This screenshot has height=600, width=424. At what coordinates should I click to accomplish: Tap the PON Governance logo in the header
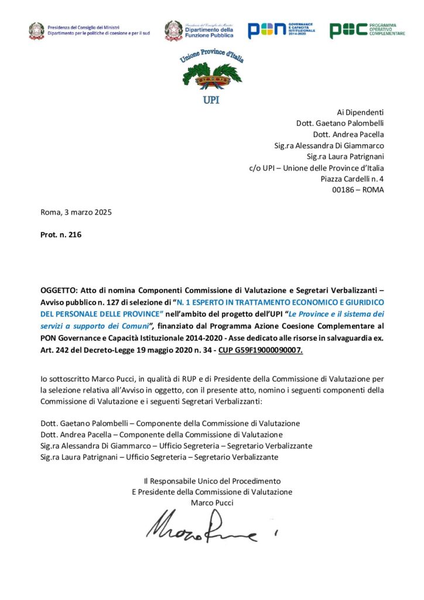click(281, 30)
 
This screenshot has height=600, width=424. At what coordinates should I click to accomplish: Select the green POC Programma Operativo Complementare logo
click(367, 30)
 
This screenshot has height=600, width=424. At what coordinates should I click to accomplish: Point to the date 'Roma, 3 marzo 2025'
click(76, 212)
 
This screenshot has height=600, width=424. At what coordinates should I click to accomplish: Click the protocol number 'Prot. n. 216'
click(61, 235)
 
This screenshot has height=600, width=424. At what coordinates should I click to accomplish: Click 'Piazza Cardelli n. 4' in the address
click(353, 179)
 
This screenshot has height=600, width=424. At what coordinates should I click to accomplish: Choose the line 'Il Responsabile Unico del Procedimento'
click(212, 480)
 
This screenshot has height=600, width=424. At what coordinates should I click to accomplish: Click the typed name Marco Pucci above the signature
click(212, 503)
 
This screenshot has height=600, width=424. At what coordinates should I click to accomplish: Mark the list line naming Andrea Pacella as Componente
click(162, 434)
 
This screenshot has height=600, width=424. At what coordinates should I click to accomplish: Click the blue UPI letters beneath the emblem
click(211, 100)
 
